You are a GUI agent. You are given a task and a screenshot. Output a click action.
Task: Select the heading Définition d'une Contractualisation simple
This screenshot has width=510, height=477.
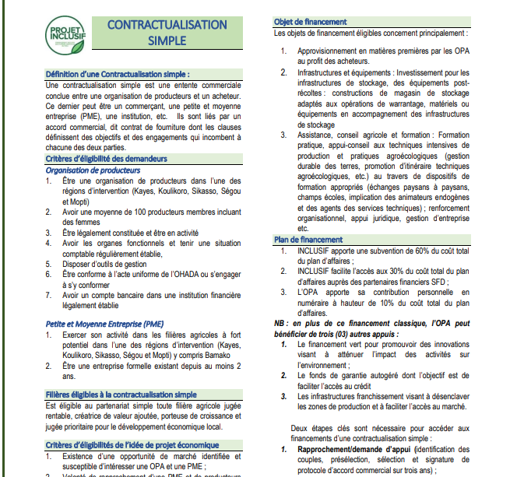(x=118, y=74)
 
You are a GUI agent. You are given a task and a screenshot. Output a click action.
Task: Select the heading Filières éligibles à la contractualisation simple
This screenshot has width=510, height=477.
(x=121, y=395)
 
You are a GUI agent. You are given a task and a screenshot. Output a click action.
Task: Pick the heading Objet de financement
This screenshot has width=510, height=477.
(x=311, y=22)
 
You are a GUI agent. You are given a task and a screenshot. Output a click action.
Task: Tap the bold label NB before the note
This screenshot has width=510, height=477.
(x=280, y=322)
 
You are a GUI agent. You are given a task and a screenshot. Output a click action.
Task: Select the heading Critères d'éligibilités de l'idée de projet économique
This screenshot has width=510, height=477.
(x=132, y=445)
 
